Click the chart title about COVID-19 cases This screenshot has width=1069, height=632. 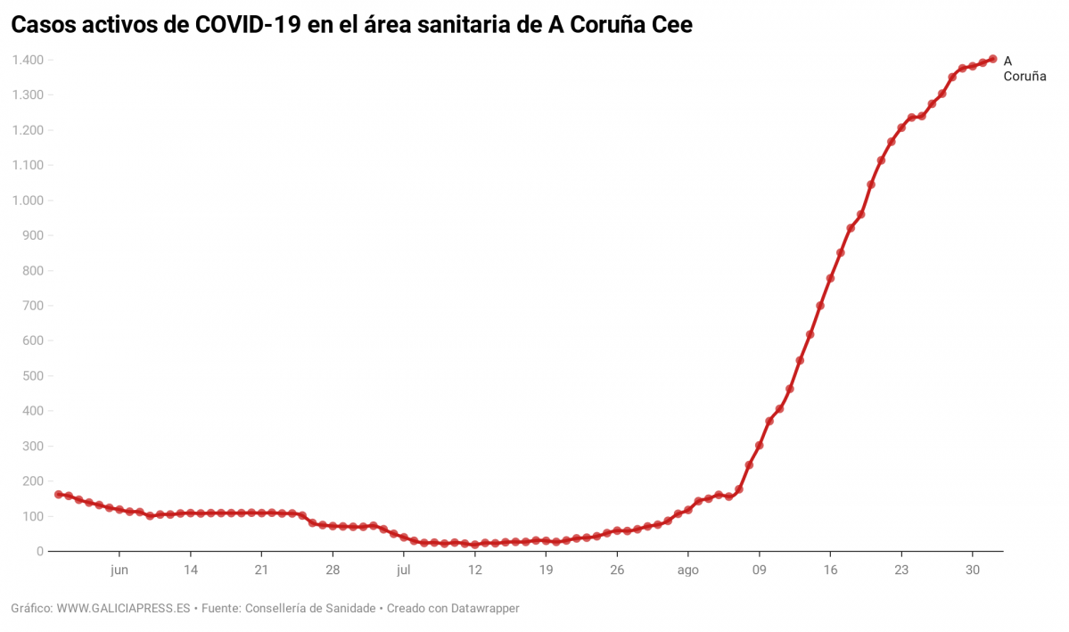[x=351, y=26]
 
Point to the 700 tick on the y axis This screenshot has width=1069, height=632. [x=33, y=306]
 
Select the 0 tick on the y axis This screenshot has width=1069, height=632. [x=40, y=552]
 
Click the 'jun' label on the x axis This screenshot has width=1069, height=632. [x=119, y=569]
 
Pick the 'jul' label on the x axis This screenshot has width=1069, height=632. [x=403, y=569]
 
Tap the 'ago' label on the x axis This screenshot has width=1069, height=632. [x=687, y=569]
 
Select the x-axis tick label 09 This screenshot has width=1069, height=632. [x=759, y=569]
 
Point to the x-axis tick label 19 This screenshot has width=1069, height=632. [x=546, y=569]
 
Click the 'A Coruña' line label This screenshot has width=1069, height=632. [x=1024, y=69]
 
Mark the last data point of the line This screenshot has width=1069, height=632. [x=992, y=59]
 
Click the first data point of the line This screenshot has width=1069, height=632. [x=58, y=494]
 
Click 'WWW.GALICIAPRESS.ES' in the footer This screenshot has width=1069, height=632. [x=124, y=608]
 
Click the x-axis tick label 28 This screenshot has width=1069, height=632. [x=332, y=569]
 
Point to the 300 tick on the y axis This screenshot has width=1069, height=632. [x=33, y=446]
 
